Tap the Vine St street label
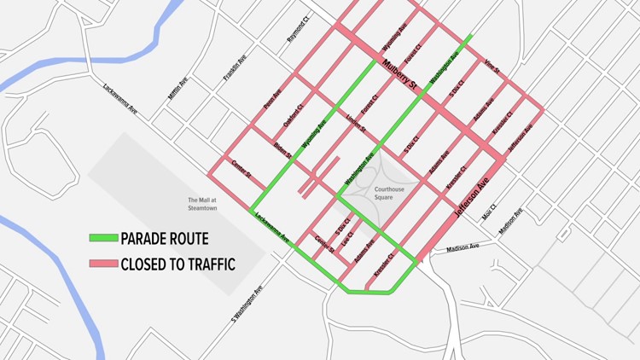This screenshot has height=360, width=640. pos(491,62)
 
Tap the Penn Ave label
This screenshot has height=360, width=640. pos(272,103)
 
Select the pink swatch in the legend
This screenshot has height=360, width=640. pos(102,264)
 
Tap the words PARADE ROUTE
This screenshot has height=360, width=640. pos(164,239)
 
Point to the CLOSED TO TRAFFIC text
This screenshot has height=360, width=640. pos(177,264)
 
